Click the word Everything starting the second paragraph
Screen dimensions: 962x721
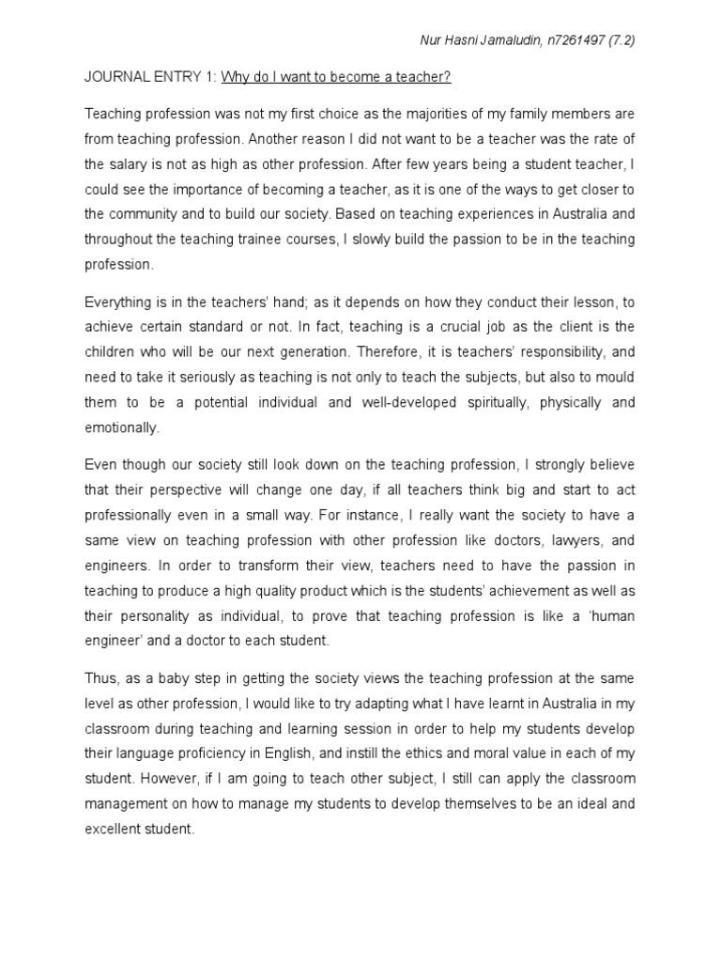tap(119, 303)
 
